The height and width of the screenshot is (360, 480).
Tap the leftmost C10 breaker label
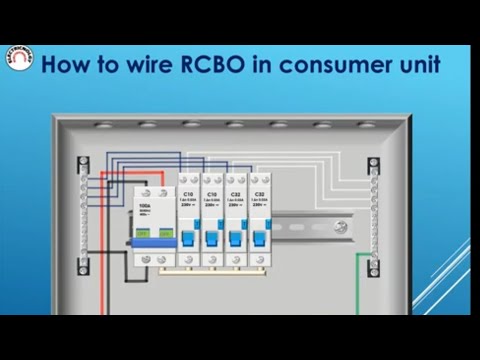point(187,193)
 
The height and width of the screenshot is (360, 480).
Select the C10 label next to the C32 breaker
point(211,193)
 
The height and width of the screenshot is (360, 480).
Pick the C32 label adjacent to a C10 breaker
point(235,193)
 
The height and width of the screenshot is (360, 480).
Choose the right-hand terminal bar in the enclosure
point(374,216)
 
